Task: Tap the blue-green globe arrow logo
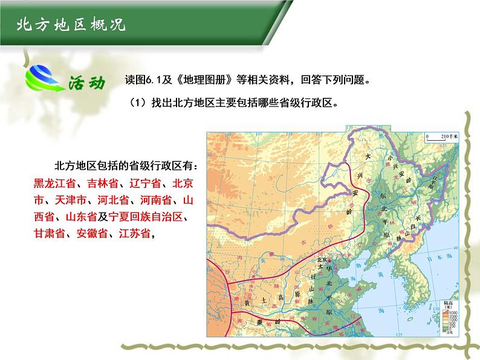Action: [x=42, y=78]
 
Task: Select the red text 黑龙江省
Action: [x=53, y=183]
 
